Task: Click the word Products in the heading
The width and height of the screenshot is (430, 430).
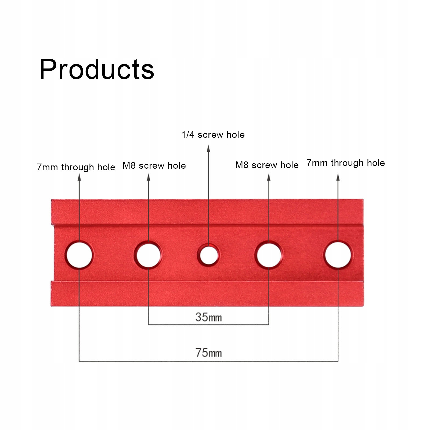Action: click(x=97, y=69)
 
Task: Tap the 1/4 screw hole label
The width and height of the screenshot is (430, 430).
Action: click(x=213, y=135)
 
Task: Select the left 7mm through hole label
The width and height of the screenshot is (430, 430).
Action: click(x=76, y=167)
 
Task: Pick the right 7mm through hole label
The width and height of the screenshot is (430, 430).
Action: click(x=346, y=163)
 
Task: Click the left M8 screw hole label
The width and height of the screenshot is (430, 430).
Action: click(x=154, y=165)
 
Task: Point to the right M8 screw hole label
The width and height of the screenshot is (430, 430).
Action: click(x=267, y=165)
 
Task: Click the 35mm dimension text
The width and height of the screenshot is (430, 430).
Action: click(x=208, y=317)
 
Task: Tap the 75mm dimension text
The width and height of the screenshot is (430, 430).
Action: click(x=208, y=353)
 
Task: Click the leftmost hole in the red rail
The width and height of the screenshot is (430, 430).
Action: click(x=79, y=255)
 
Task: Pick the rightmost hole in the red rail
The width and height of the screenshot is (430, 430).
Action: click(x=338, y=255)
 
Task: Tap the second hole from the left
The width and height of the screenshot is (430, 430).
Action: click(x=148, y=255)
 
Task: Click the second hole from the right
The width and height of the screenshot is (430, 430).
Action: click(x=269, y=255)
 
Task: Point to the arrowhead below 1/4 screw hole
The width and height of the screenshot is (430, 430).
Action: click(x=208, y=149)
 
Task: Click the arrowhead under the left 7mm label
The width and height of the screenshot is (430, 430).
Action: click(x=79, y=177)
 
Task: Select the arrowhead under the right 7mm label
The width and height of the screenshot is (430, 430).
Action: click(x=338, y=177)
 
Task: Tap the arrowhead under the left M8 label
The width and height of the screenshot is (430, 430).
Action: click(x=149, y=177)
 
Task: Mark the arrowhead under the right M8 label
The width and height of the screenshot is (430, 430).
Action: click(x=269, y=177)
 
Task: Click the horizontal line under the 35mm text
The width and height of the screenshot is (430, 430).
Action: click(x=208, y=325)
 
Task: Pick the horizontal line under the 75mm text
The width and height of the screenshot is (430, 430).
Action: click(x=208, y=361)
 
